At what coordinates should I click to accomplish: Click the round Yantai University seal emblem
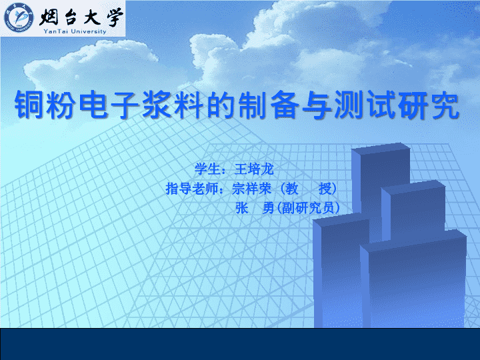(x=19, y=18)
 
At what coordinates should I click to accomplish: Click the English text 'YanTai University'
(x=75, y=31)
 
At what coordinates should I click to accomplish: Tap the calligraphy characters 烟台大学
(x=81, y=16)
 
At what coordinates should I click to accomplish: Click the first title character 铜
(x=30, y=105)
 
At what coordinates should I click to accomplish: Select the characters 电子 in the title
(x=109, y=105)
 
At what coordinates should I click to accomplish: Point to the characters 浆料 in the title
(x=173, y=105)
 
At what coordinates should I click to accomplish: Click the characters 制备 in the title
(x=269, y=105)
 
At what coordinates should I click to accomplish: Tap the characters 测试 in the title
(x=365, y=105)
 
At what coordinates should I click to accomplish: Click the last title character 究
(x=444, y=105)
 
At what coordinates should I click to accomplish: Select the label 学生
(x=208, y=169)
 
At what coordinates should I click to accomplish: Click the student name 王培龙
(x=254, y=169)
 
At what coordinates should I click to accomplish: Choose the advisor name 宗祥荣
(x=251, y=189)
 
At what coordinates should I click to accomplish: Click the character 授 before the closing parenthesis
(x=325, y=189)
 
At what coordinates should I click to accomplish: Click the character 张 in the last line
(x=241, y=208)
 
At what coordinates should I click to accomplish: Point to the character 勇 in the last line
(x=268, y=208)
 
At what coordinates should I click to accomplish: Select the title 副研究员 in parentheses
(x=308, y=208)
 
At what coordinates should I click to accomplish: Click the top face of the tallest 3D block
(x=381, y=147)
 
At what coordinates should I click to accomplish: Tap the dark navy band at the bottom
(x=240, y=344)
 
